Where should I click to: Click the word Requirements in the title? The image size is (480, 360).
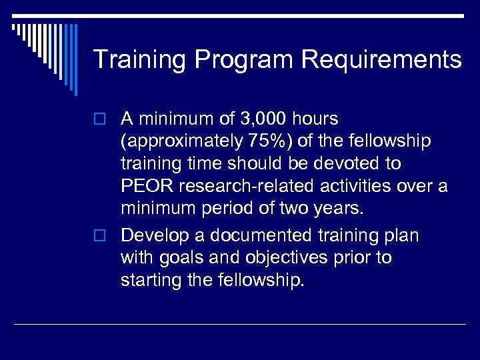click(381, 59)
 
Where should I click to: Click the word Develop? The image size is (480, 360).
click(154, 235)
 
